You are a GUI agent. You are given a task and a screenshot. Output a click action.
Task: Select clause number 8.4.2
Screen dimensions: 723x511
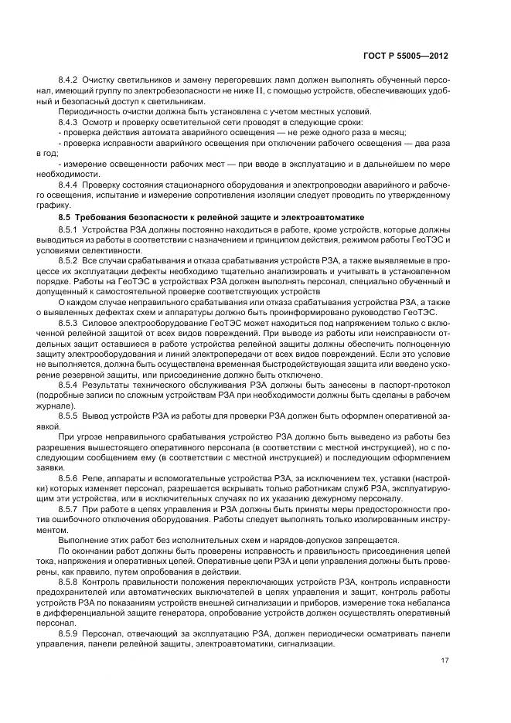click(70, 80)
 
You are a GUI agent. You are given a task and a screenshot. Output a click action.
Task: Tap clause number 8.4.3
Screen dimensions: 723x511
click(70, 122)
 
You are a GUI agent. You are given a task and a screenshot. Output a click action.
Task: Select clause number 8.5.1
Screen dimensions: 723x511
click(70, 230)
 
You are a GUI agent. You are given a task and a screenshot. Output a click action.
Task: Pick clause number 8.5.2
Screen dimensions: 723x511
click(70, 262)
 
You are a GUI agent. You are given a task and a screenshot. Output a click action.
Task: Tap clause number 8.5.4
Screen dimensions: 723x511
click(70, 384)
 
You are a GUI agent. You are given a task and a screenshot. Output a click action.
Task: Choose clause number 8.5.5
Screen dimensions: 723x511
click(70, 416)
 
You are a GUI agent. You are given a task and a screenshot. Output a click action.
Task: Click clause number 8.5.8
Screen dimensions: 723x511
click(70, 581)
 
